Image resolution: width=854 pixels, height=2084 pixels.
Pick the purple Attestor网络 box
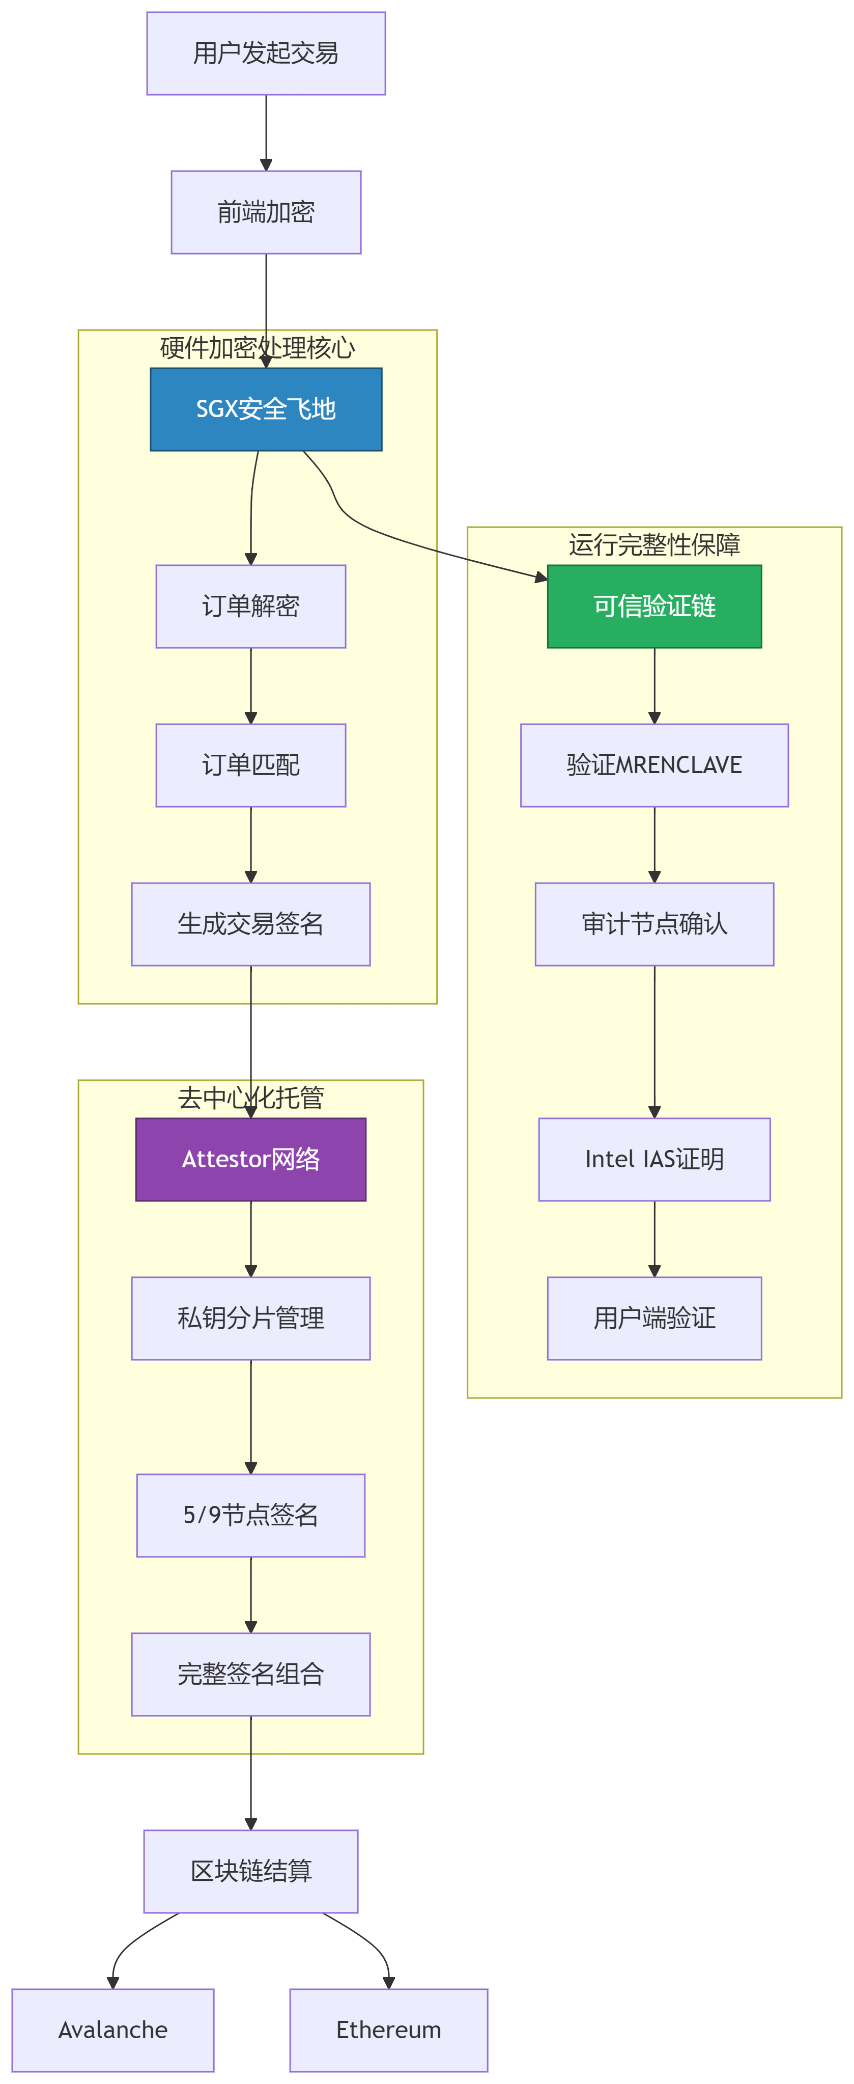pyautogui.click(x=251, y=1159)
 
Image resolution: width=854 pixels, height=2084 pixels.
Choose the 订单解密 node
pyautogui.click(x=251, y=606)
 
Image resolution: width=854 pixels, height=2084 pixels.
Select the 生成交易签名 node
pyautogui.click(x=251, y=924)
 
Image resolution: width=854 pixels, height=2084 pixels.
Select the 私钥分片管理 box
pyautogui.click(x=251, y=1318)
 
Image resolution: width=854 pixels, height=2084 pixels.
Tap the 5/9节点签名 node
pyautogui.click(x=251, y=1515)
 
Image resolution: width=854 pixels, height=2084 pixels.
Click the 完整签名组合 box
pyautogui.click(x=251, y=1674)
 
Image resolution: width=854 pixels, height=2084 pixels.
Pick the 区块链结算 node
pyautogui.click(x=251, y=1871)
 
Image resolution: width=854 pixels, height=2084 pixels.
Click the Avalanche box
pyautogui.click(x=112, y=2030)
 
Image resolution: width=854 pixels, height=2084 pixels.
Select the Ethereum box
pyautogui.click(x=388, y=2030)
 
